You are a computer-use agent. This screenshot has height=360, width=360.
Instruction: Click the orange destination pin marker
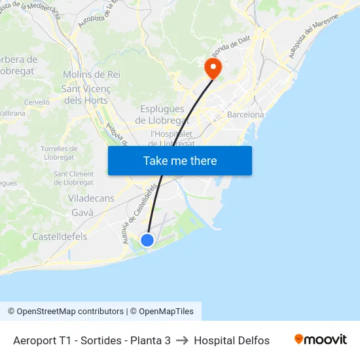point(213,67)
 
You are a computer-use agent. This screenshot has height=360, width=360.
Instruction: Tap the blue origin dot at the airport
point(147,240)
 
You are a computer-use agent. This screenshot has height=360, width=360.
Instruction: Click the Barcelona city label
point(245,115)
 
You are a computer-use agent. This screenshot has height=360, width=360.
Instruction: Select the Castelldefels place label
point(60,236)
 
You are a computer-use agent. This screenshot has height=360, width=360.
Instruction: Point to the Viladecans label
point(91,198)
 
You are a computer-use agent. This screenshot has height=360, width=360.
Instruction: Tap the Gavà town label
point(82,213)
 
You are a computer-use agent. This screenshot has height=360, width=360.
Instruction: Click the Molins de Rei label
point(92,75)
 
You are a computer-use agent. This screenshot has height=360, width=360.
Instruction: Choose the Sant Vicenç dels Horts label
point(86,94)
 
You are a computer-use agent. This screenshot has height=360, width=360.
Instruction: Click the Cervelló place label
point(37,102)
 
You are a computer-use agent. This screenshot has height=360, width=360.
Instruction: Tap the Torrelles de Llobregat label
point(59,153)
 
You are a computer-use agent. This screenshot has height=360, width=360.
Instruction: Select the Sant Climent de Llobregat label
point(74,178)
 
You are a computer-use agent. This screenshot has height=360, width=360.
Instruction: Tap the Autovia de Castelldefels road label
point(139,213)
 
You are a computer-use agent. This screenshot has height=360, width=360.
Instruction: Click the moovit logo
point(320,340)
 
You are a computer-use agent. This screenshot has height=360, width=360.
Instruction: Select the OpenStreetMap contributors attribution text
point(69,312)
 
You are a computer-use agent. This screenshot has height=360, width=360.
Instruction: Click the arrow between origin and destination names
point(182,340)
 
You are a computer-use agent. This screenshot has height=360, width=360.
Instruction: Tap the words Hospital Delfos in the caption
point(232,340)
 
